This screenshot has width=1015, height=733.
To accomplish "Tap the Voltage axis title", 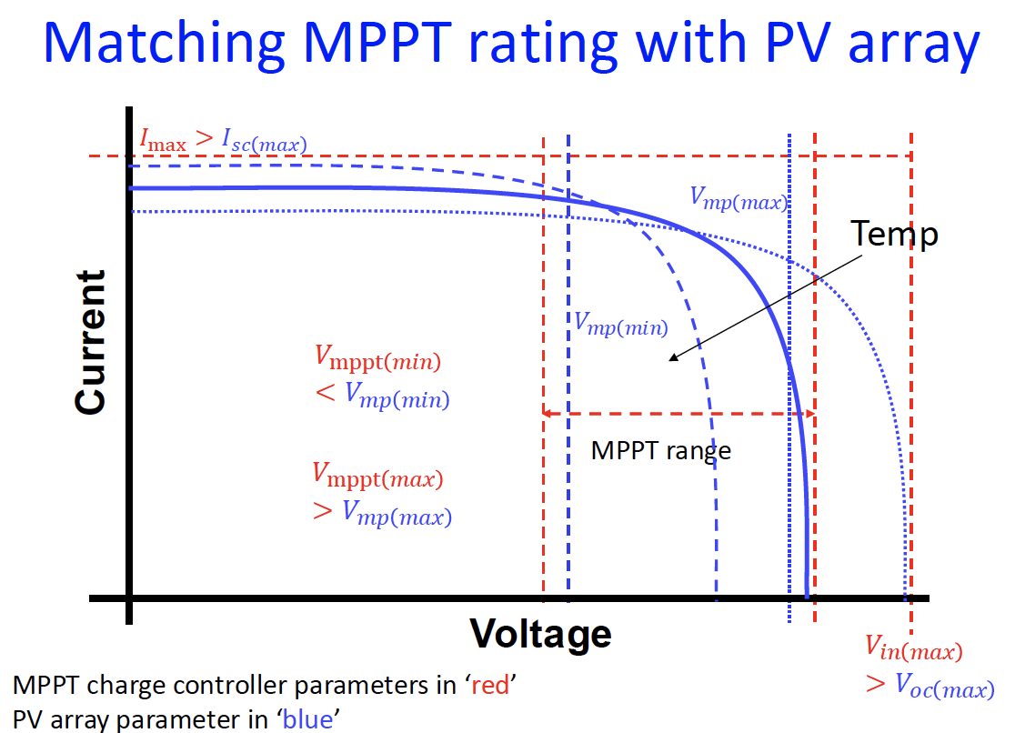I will click(x=540, y=633).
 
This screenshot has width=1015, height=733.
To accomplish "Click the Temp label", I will click(x=894, y=235).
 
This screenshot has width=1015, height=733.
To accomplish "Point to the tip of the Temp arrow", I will click(x=669, y=360).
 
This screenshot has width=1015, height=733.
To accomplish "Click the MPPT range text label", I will click(x=660, y=450).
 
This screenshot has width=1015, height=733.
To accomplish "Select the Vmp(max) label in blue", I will click(x=739, y=200).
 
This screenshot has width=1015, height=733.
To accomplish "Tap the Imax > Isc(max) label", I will click(x=223, y=141).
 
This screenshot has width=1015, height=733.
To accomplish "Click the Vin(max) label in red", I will click(x=913, y=648).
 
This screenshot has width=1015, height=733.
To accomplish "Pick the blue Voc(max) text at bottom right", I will click(x=942, y=688).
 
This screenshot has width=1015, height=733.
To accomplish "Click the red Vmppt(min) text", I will click(x=377, y=360).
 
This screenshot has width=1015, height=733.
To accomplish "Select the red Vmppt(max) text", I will click(x=378, y=476).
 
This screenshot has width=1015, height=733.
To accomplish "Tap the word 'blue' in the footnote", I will click(x=308, y=719).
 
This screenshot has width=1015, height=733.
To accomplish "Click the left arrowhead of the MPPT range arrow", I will click(x=548, y=414).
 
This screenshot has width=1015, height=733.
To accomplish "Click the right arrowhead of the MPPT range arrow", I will click(x=809, y=414).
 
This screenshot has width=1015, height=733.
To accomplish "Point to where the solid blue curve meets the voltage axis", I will click(x=807, y=597).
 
